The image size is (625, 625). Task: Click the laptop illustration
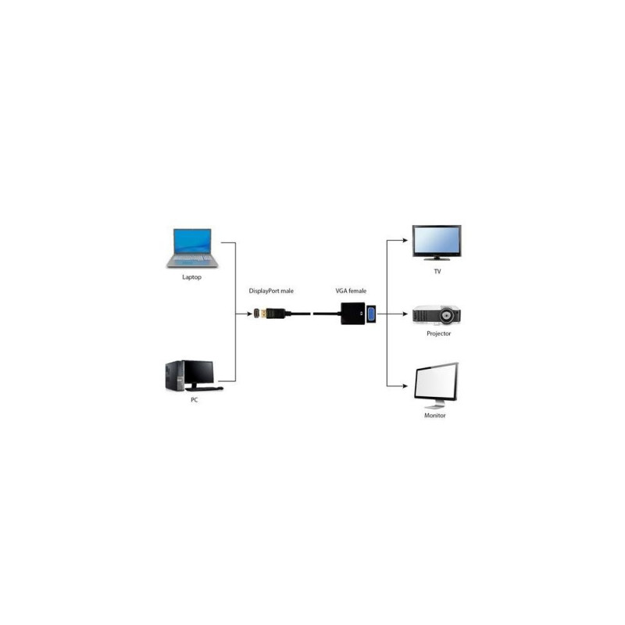pos(192,248)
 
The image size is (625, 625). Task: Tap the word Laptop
pos(191,277)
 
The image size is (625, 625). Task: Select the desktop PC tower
pos(175,376)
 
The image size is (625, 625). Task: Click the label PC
pos(194,400)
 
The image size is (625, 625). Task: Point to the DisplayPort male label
pos(271,291)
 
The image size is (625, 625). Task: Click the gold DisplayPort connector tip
pos(263,314)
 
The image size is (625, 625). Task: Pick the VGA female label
pos(351,291)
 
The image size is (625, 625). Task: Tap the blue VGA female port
pos(370,314)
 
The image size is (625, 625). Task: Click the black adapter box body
pos(353,314)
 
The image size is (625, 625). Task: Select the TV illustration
pos(437,242)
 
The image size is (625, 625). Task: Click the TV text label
pos(437,271)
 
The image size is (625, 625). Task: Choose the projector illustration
pos(437,315)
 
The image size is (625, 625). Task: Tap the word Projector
pos(438,334)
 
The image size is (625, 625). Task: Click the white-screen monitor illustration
pos(436,385)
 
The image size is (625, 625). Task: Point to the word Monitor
pos(435,416)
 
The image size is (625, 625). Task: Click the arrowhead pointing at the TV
pos(405,241)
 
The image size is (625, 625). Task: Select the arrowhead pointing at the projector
pos(405,314)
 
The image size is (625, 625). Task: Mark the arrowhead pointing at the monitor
pos(405,386)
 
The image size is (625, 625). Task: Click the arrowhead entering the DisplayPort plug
pos(249,314)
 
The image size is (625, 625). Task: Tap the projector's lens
pos(446,316)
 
